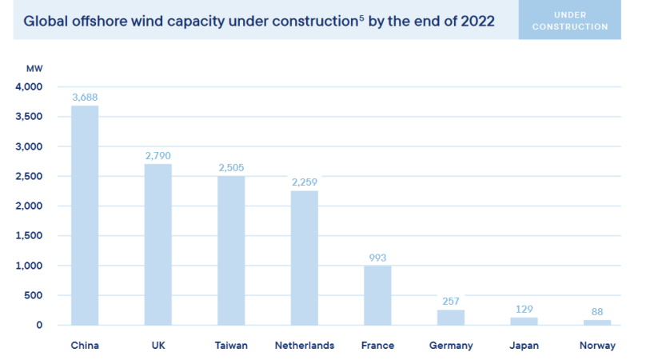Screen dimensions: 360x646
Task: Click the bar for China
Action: point(85,215)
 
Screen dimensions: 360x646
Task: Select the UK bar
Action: point(158,244)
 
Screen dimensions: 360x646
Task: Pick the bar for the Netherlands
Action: point(304,258)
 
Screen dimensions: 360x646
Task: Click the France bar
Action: point(377,295)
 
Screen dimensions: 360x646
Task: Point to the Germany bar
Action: point(450,317)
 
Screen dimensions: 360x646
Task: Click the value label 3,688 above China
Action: point(85,98)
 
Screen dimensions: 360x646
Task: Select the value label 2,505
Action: point(231,168)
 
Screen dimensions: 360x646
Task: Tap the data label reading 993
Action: point(377,258)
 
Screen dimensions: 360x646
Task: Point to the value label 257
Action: point(450,302)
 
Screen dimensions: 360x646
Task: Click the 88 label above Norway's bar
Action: point(596,312)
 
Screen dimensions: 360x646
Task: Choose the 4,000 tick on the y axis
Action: point(28,86)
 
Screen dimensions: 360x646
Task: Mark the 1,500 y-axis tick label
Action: point(28,236)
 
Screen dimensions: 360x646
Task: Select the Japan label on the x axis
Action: point(524,346)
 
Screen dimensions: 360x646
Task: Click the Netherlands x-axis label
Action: point(304,346)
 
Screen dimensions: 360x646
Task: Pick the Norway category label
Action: point(598,346)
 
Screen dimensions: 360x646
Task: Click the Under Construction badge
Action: point(580,21)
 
